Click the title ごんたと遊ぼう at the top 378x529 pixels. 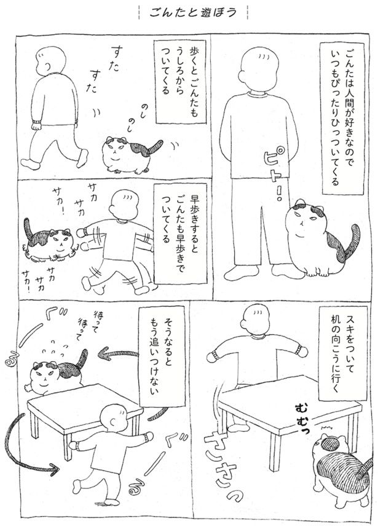pos(193,12)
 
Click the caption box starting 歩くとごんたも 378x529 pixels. pos(176,82)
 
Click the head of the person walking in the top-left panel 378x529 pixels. pos(51,60)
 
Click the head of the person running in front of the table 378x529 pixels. pos(115,419)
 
